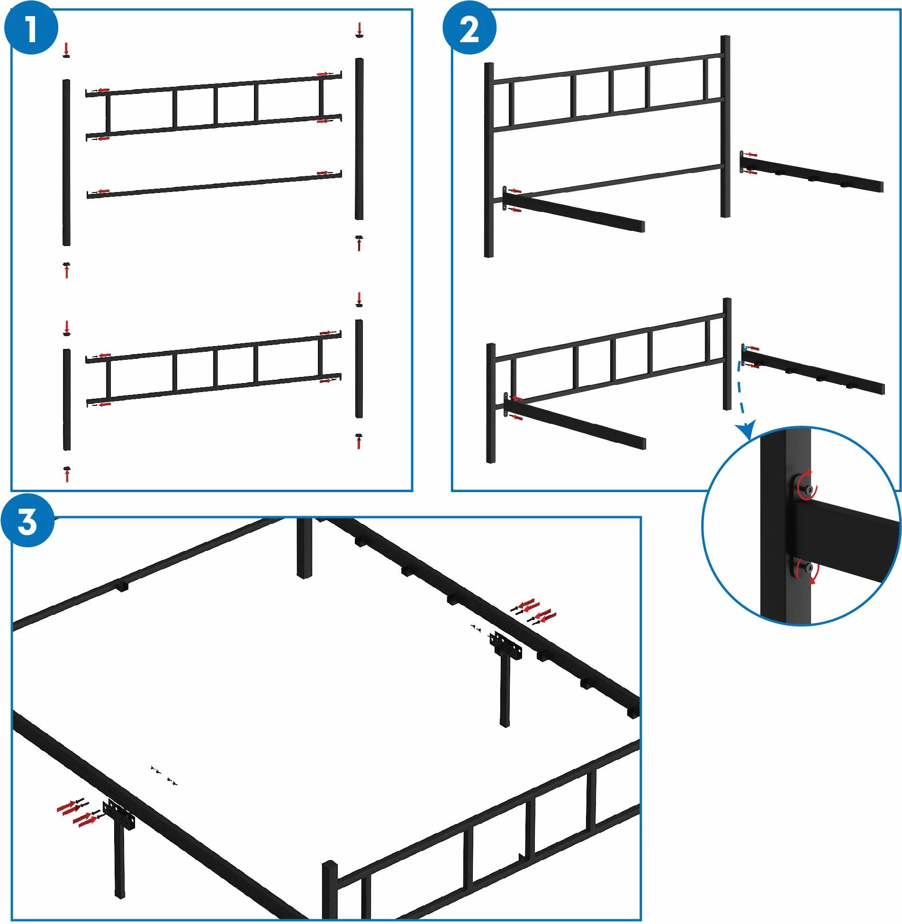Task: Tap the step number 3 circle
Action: coord(27,521)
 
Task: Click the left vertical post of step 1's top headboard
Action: coord(66,163)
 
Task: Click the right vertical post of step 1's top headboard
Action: coord(360,139)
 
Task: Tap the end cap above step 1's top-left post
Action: coord(66,56)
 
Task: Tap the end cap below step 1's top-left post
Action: coord(66,264)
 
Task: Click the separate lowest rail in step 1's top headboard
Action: coord(214,184)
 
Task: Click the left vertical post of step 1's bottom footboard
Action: coord(67,400)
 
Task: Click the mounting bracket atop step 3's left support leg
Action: coord(118,814)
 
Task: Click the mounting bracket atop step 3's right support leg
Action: coord(506,645)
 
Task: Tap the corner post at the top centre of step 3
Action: coord(305,548)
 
